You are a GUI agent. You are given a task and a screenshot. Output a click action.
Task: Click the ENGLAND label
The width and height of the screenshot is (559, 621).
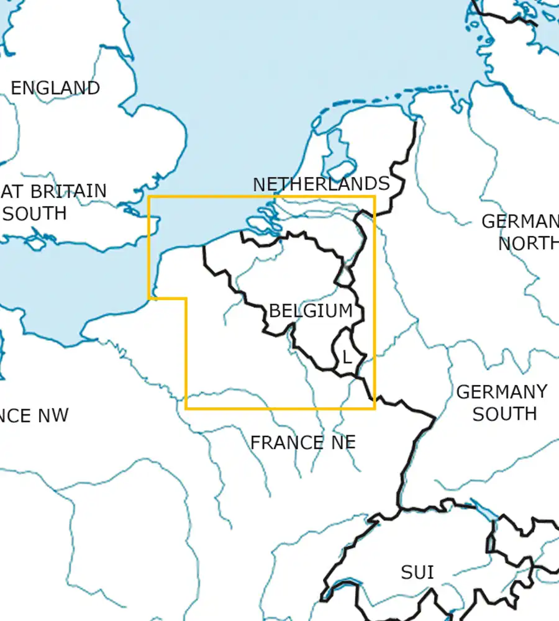[x=55, y=88]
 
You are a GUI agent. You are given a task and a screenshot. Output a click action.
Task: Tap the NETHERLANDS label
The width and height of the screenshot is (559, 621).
[x=321, y=184]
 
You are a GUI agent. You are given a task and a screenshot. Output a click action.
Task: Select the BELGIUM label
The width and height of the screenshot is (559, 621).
[x=311, y=310]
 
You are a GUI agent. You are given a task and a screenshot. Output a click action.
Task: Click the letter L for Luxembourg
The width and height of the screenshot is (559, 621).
[x=347, y=358]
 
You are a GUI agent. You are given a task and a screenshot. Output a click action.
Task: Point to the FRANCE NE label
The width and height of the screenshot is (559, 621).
[x=303, y=443]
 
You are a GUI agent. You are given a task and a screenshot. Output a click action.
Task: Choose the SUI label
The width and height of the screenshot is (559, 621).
[x=417, y=572]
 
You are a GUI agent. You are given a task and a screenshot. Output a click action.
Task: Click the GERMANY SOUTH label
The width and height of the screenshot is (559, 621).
[x=502, y=402]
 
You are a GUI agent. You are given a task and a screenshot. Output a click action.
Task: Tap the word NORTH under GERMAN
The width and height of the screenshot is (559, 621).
[x=528, y=243]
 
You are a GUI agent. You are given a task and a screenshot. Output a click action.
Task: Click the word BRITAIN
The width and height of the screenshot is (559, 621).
[x=68, y=191]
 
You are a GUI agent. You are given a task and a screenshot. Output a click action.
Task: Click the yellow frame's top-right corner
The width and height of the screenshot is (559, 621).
[x=375, y=197]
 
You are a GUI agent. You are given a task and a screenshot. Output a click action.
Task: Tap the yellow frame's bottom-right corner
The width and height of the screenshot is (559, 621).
[x=375, y=409]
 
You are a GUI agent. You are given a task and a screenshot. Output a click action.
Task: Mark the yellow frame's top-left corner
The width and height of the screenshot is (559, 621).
[x=149, y=197]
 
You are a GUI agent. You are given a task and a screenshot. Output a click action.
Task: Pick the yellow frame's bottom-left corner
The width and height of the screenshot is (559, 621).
[x=186, y=409]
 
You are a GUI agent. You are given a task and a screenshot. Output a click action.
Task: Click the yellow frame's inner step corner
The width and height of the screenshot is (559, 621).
[x=186, y=298]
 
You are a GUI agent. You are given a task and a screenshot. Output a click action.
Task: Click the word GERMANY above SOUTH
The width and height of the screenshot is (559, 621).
[x=502, y=392]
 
